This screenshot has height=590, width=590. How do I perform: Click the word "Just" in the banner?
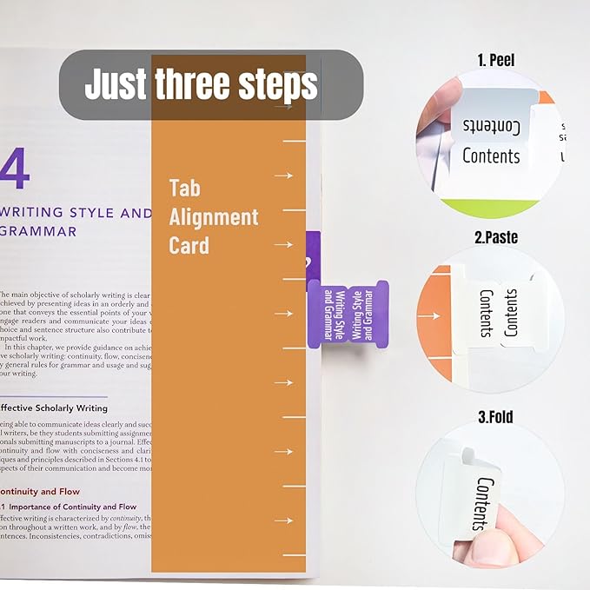point(116,85)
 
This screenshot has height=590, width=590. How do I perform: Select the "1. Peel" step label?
point(495,60)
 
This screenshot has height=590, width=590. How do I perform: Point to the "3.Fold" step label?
point(495,417)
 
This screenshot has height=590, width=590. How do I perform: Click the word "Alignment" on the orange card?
point(214,216)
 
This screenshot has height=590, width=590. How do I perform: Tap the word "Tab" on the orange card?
point(184,188)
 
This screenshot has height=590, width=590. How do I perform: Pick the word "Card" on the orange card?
point(189,245)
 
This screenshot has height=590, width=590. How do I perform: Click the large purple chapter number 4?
point(15,171)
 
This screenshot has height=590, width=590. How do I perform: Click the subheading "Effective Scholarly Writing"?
point(54,408)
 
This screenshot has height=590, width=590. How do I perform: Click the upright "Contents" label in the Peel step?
point(491,156)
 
